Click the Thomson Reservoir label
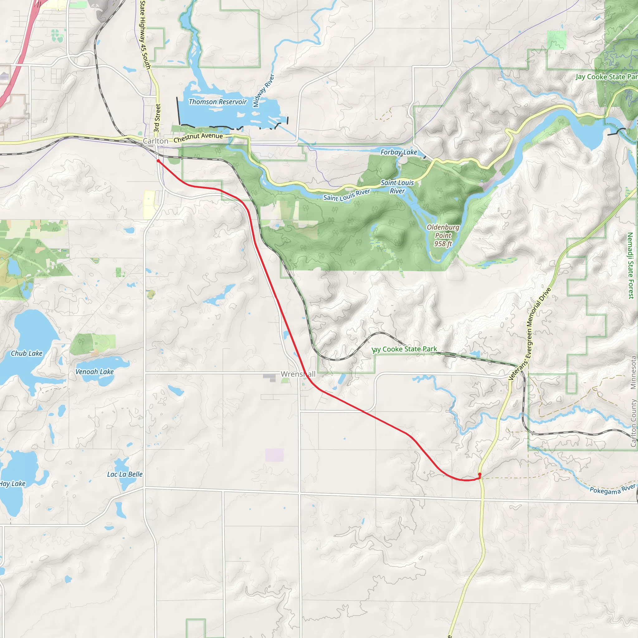click(218, 102)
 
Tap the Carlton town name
click(155, 141)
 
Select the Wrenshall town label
click(298, 374)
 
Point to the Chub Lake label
click(27, 353)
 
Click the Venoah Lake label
click(94, 372)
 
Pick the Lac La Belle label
click(125, 474)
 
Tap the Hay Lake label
click(12, 484)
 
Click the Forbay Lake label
click(398, 152)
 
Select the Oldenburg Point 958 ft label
click(443, 236)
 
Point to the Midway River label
click(264, 90)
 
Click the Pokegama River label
click(612, 489)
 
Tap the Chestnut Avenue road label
click(198, 137)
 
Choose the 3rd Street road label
click(158, 118)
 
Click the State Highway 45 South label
click(145, 35)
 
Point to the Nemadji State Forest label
click(630, 265)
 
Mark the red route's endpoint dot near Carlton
click(158, 161)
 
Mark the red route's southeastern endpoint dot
click(479, 474)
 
